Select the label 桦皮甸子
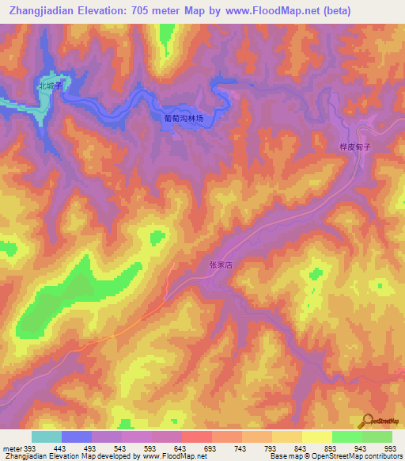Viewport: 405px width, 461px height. [x=354, y=147]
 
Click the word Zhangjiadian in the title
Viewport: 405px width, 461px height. [x=44, y=11]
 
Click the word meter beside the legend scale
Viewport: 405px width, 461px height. [x=12, y=448]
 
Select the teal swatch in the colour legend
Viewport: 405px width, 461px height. [x=47, y=436]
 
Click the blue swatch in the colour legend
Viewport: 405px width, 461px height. [x=77, y=436]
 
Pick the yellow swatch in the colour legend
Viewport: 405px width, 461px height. [x=316, y=436]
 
